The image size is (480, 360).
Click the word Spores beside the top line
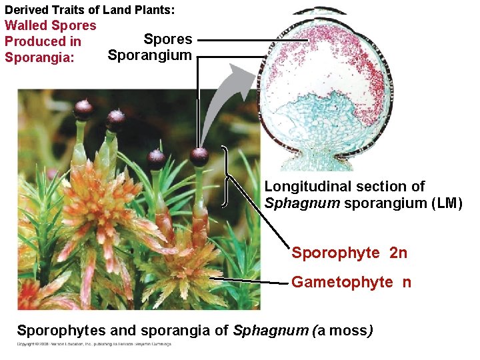pos(168,39)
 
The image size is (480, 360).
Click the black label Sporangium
pos(149,55)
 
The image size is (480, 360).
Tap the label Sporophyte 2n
pos(349,253)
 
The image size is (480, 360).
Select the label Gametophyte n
pos(351,282)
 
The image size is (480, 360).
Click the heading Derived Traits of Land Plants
pos(89,10)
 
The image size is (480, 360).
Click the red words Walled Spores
pos(51,25)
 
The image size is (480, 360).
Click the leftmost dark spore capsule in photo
pos(83,109)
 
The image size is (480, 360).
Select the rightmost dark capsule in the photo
pos(199,157)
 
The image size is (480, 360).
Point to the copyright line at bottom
pos(94,344)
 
